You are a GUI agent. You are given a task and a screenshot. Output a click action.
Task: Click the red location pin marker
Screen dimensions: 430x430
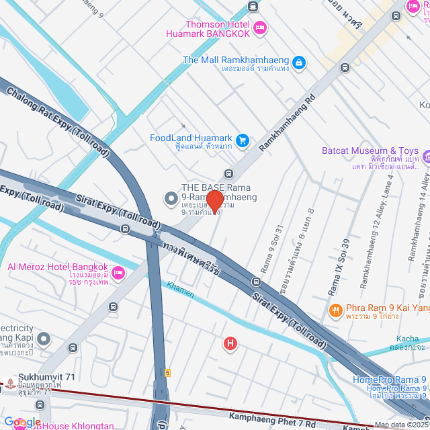(214, 201)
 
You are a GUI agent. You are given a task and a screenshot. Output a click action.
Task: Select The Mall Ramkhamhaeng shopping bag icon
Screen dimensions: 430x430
(300, 63)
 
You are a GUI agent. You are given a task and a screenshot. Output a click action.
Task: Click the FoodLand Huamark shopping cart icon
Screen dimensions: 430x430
(243, 140)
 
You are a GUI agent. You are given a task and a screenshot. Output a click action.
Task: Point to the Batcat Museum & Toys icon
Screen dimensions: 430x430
(428, 157)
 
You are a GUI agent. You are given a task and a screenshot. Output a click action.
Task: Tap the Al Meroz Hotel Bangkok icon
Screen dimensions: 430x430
(118, 273)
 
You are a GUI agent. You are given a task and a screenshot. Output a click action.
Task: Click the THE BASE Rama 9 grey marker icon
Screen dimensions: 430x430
(171, 198)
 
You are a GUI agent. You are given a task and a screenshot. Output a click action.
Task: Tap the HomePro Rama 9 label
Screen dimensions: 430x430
(390, 379)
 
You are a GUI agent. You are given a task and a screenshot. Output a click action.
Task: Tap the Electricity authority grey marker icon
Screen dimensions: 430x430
(44, 338)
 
